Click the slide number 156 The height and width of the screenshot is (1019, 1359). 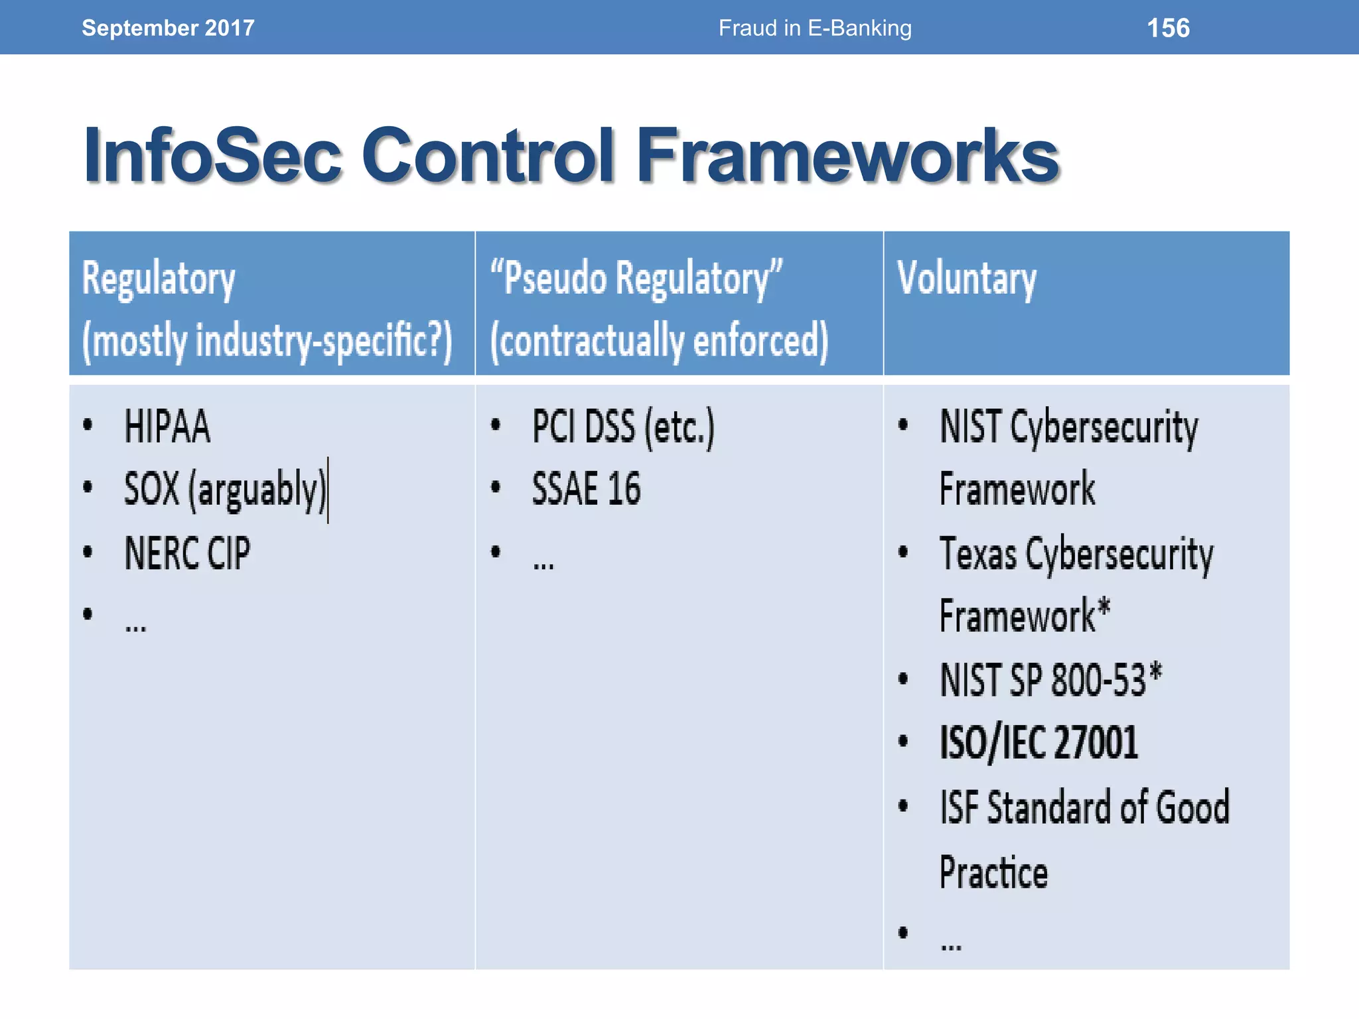(x=1168, y=28)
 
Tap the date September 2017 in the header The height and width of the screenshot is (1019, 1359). (x=168, y=28)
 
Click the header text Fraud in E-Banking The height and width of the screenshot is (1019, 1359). (x=815, y=28)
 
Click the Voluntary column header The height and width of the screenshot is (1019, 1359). (x=966, y=279)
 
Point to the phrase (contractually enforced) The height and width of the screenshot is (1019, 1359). (x=659, y=340)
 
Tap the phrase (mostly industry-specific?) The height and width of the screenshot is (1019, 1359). (x=267, y=340)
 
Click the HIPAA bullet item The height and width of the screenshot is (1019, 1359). (x=167, y=427)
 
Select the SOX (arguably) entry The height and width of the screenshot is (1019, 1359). (x=224, y=490)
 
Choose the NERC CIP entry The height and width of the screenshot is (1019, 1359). (x=187, y=553)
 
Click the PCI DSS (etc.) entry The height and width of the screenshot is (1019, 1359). (x=623, y=427)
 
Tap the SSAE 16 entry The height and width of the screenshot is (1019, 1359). (x=586, y=489)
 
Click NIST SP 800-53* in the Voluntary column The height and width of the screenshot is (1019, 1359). (x=1050, y=680)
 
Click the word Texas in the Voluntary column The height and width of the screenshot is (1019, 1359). (x=978, y=554)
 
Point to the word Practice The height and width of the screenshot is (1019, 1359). (x=993, y=872)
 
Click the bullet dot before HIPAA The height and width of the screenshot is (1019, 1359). (x=88, y=425)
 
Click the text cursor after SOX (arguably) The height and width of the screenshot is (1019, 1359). (x=328, y=490)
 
